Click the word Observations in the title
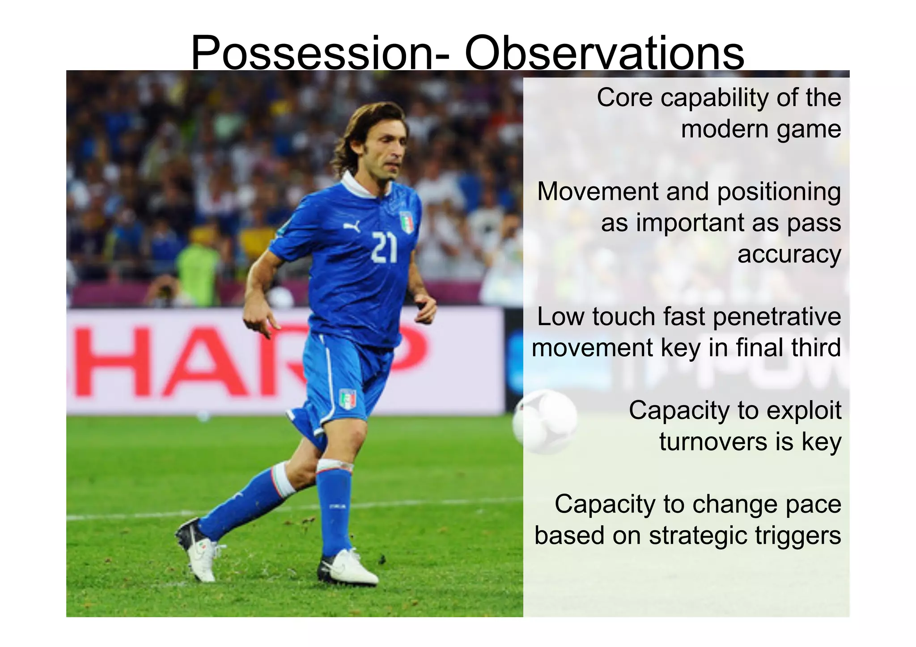(604, 54)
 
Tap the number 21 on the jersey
(384, 247)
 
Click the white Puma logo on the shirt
(352, 227)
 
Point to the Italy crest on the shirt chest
(407, 223)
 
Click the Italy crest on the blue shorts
(348, 399)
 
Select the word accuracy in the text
(789, 254)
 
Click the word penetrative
(777, 317)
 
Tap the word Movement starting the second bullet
(598, 191)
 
